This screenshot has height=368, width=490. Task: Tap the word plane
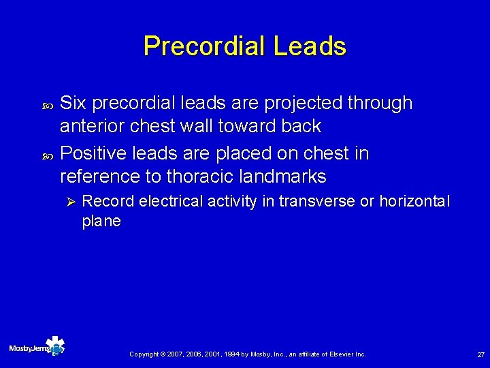(x=101, y=221)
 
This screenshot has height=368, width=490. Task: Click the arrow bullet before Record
(x=68, y=202)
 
